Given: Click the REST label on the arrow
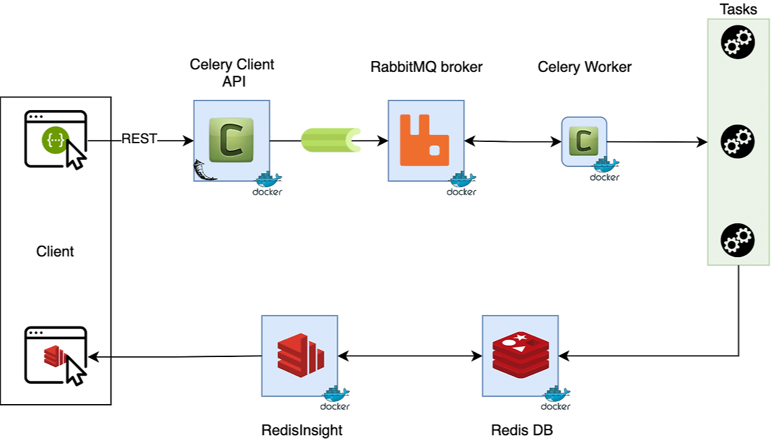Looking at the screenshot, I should tap(139, 139).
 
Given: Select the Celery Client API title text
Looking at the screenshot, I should tap(232, 73).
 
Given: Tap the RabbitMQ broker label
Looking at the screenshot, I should tap(426, 67).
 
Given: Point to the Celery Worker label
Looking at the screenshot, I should tap(584, 67).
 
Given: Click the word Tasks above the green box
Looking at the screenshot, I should tap(738, 10).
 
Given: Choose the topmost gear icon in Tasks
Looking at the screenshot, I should tap(737, 43).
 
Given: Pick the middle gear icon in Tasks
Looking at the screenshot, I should tap(737, 141).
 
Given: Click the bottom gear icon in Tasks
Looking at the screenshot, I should tap(737, 240).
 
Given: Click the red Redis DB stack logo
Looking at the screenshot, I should tap(519, 353).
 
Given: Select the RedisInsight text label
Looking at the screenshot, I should tap(302, 430).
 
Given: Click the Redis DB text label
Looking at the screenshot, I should tap(522, 430).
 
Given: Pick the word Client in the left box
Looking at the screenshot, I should tap(55, 251).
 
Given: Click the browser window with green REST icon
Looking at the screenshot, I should tap(55, 139).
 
